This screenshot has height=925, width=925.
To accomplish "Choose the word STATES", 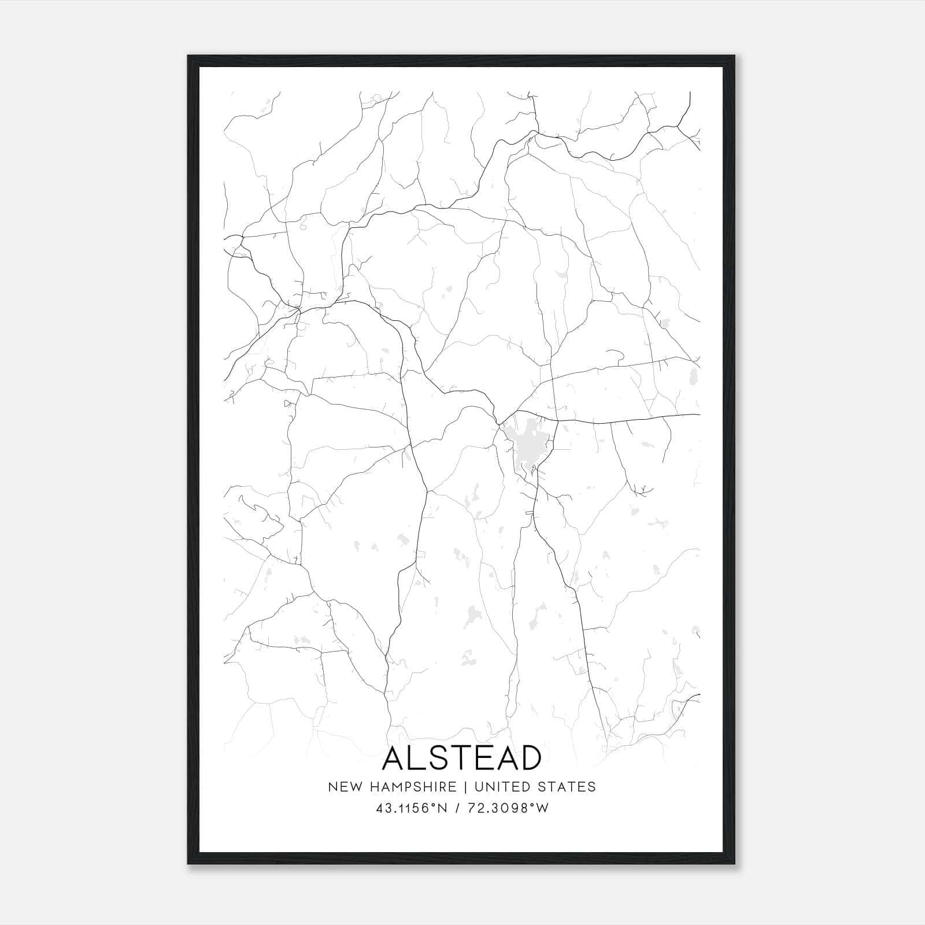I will [569, 787].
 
